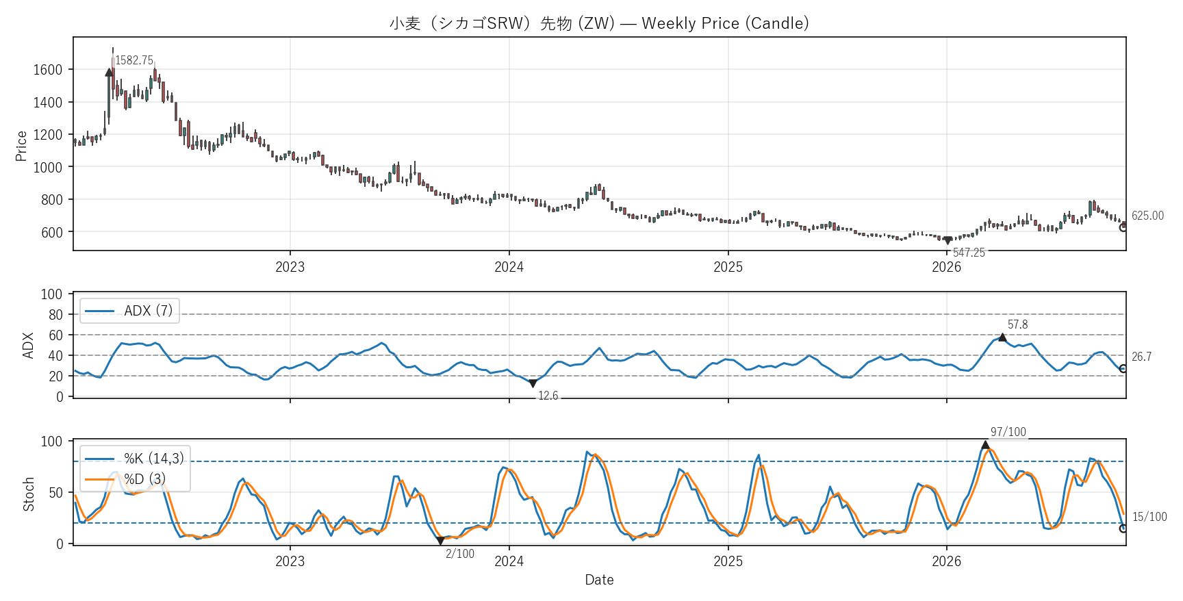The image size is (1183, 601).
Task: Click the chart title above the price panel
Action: tap(599, 23)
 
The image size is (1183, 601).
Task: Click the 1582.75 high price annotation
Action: tap(134, 60)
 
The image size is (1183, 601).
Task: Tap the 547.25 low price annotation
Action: tap(969, 253)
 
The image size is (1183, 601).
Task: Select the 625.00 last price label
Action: tap(1147, 216)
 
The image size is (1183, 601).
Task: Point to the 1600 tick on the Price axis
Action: tap(48, 70)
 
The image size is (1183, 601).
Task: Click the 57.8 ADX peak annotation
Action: tap(1017, 324)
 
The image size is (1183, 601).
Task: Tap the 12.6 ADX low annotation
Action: tap(548, 396)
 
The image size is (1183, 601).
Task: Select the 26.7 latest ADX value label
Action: tap(1141, 357)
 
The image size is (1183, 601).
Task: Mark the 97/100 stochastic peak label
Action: tap(1008, 432)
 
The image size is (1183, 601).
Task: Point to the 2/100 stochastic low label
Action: tap(460, 554)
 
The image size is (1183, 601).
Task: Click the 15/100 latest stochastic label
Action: tap(1149, 517)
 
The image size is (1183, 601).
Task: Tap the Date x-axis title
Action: tap(599, 580)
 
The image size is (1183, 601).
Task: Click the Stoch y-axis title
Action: tap(29, 494)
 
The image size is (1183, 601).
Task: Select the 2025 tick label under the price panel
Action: tap(728, 267)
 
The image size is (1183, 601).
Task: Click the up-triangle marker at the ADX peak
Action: tap(1002, 337)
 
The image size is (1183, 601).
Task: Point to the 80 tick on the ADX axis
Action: tap(55, 315)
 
